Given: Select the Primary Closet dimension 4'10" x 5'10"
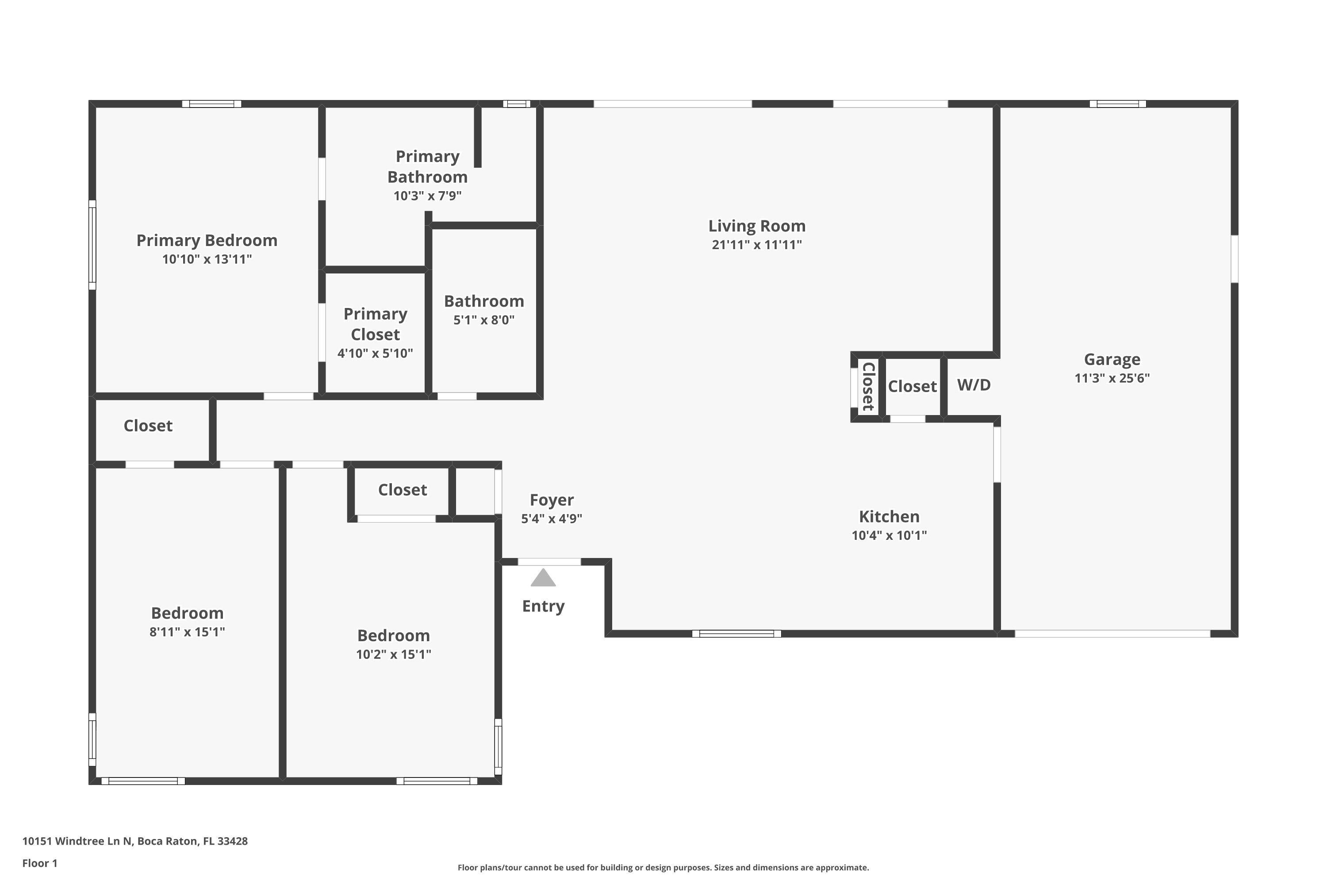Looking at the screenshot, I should [375, 353].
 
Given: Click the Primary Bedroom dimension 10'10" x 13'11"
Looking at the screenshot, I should [207, 259].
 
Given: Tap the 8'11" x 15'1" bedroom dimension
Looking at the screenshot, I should [187, 631].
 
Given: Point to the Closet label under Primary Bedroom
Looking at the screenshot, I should [148, 426].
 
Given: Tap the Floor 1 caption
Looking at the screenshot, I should [39, 863].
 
